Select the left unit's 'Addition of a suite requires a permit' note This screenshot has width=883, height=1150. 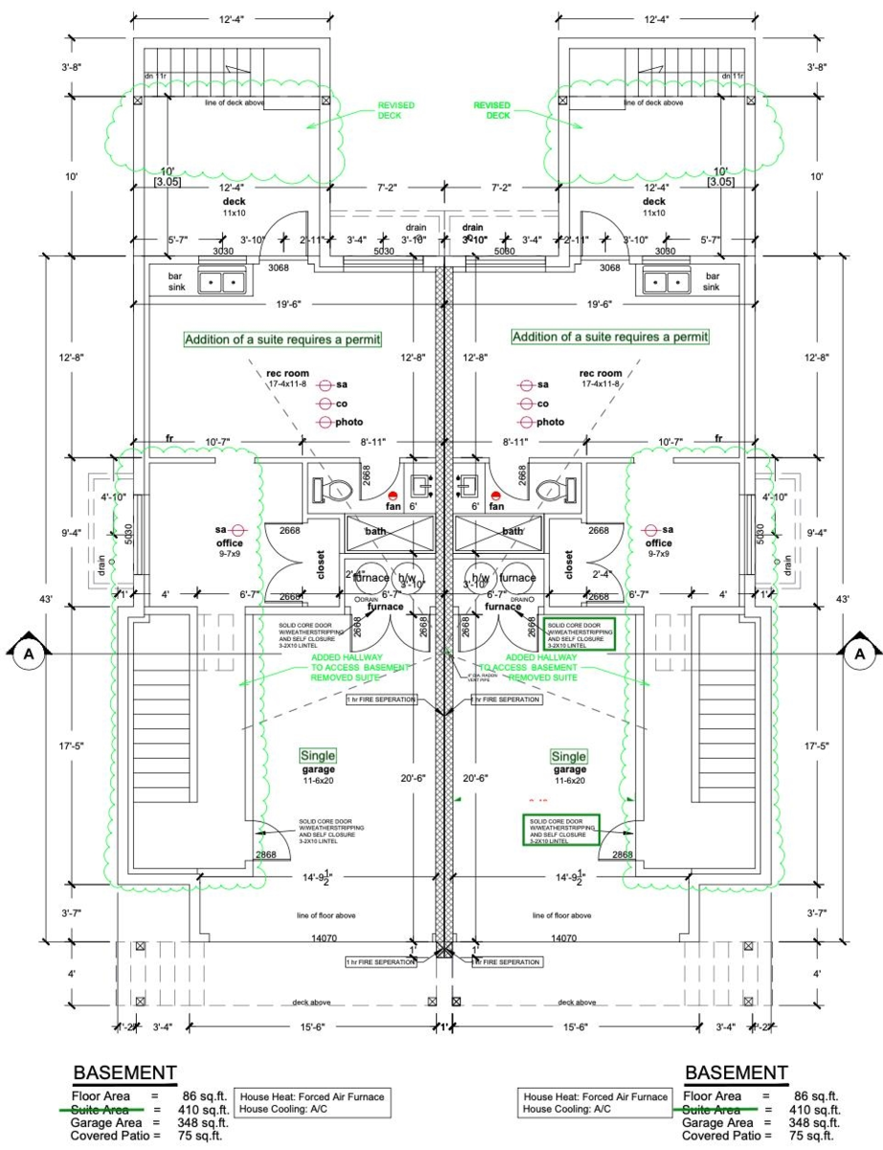pyautogui.click(x=283, y=338)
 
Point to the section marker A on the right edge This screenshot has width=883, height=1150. pyautogui.click(x=859, y=654)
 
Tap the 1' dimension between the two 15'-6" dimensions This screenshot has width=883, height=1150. pyautogui.click(x=442, y=1026)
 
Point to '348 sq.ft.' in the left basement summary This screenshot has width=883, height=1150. pyautogui.click(x=203, y=1122)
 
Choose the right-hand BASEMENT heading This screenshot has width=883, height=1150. pyautogui.click(x=736, y=1072)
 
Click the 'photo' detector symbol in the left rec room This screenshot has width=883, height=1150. pyautogui.click(x=326, y=422)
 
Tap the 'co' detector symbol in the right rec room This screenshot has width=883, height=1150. pyautogui.click(x=525, y=403)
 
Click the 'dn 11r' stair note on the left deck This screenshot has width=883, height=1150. pyautogui.click(x=155, y=76)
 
